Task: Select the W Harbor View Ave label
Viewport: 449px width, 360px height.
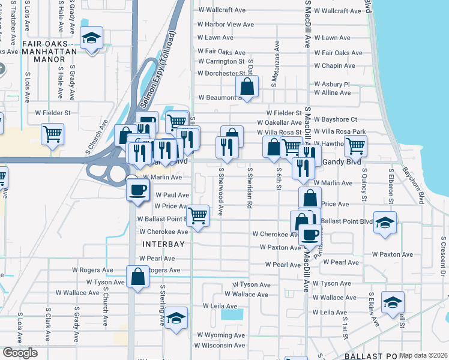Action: (226, 25)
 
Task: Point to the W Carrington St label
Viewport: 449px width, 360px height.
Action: (221, 61)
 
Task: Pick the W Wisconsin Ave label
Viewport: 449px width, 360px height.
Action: (221, 346)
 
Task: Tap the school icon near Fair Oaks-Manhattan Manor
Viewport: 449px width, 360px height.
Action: (91, 39)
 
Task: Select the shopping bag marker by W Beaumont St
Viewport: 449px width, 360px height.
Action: (247, 86)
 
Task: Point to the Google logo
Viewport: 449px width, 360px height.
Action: (20, 352)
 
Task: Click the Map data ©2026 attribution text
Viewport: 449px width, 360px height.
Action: (424, 355)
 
